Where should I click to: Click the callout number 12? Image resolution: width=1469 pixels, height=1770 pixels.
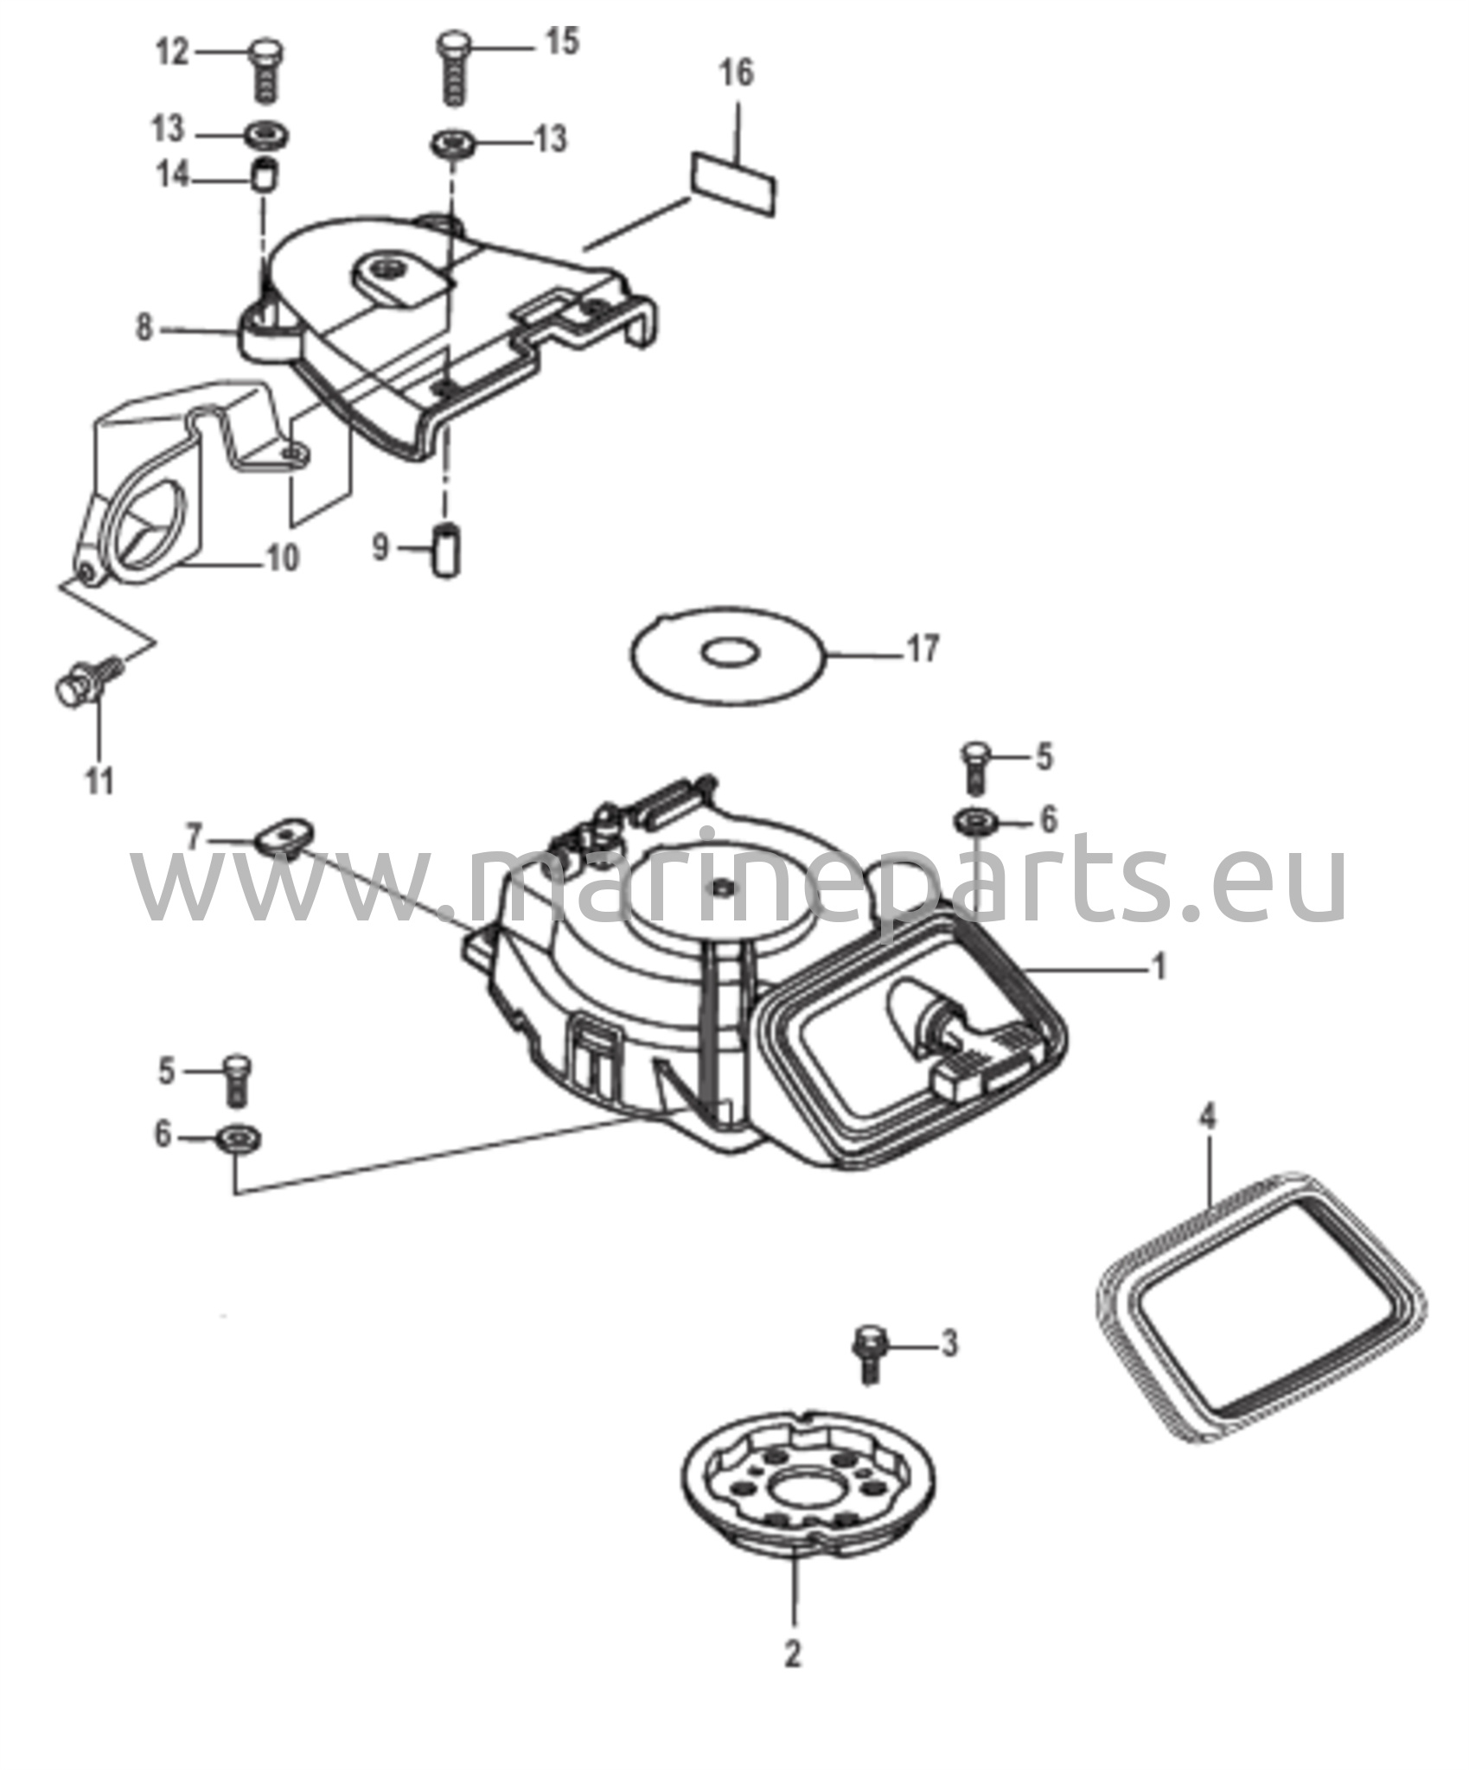pos(171,53)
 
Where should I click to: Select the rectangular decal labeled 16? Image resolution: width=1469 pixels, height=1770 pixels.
pos(732,183)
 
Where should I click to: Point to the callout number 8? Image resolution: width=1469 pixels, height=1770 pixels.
pos(144,328)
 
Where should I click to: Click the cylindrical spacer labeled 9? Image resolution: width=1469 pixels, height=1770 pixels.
pos(446,549)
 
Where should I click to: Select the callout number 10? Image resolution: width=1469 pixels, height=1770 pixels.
pos(283,557)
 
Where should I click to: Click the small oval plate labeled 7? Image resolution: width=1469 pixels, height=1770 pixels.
pos(284,834)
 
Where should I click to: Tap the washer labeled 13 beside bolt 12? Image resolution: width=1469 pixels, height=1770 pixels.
pos(265,136)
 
